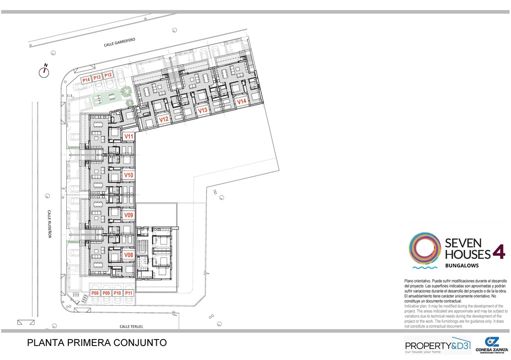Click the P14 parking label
[86, 79]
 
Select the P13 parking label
[97, 77]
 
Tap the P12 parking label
[108, 75]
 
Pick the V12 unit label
[164, 120]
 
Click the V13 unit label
[203, 111]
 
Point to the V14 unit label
[242, 101]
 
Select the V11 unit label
[129, 136]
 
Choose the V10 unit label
[129, 176]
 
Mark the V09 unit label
[129, 215]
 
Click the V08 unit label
[129, 255]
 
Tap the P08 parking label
[95, 293]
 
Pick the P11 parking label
[129, 293]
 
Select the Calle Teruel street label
[131, 327]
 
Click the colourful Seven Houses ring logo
[425, 247]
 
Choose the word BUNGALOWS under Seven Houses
[462, 265]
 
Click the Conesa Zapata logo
[492, 345]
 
